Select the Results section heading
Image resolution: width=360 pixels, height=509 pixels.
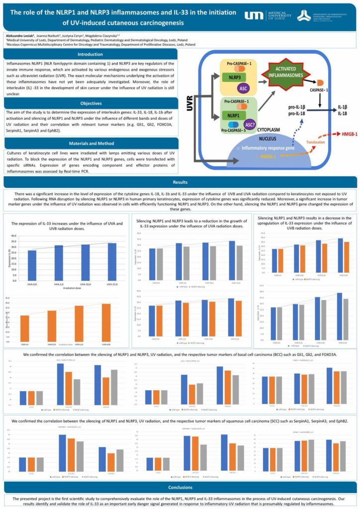180,182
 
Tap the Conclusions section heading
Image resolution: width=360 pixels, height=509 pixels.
180,487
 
